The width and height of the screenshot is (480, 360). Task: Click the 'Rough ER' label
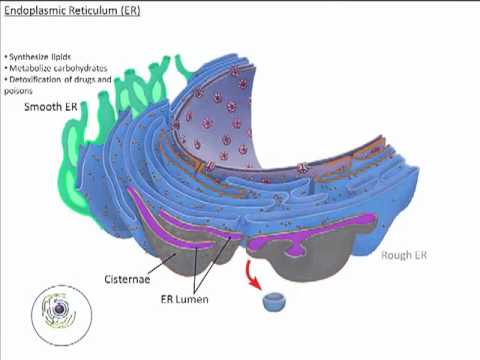click(x=405, y=255)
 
